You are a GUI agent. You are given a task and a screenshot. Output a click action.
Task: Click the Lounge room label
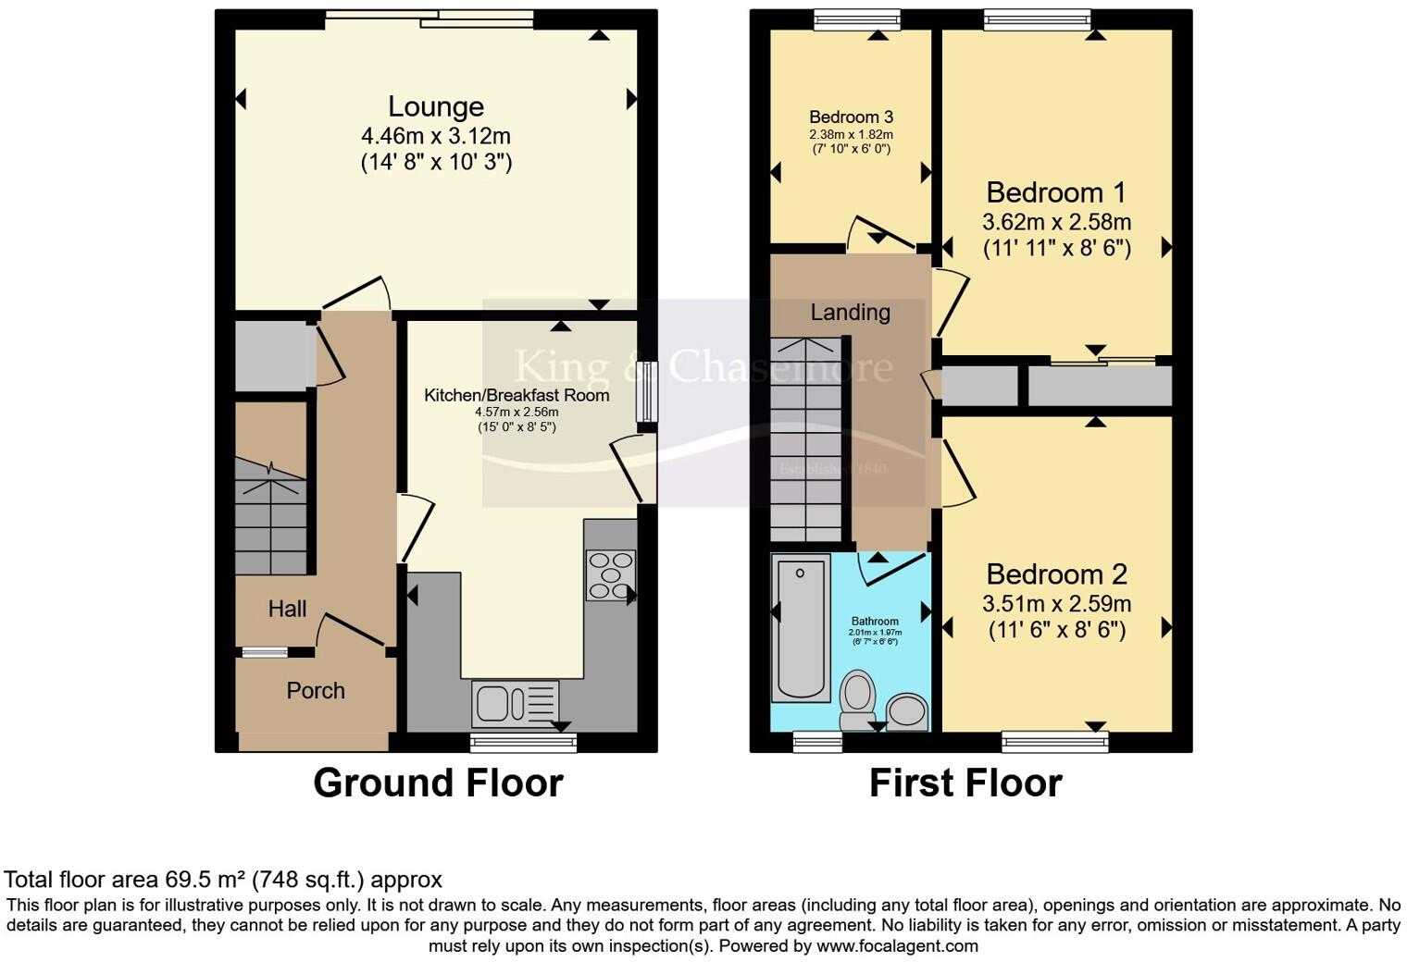coord(435,107)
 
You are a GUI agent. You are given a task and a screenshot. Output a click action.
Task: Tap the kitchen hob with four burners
coord(610,575)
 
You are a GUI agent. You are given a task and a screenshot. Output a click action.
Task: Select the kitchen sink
coord(515,703)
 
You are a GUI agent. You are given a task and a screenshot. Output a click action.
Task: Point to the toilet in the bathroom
coord(857,699)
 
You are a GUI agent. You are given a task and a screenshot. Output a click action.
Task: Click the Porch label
coord(316,691)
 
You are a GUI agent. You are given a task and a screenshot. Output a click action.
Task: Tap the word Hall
coord(287,609)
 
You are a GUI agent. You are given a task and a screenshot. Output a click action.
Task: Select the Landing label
coord(850,313)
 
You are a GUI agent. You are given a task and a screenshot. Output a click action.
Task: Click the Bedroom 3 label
coord(851,117)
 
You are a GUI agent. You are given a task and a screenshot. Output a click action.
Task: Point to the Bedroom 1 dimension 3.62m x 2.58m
coord(1056,222)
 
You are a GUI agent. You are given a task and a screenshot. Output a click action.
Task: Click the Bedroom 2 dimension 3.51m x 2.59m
coord(1056,604)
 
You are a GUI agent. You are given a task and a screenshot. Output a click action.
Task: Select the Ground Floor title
coord(438,783)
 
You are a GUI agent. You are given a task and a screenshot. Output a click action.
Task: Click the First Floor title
coord(965,783)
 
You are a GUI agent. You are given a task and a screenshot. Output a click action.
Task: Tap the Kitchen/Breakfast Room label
coord(517,395)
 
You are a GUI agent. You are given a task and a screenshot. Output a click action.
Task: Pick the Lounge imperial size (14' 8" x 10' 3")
coord(435,163)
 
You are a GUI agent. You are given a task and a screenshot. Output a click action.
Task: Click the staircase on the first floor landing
coord(806,439)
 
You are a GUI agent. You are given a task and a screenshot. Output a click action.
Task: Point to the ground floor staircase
coord(269,518)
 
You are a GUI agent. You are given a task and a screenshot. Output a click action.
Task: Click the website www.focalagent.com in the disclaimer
coord(897,946)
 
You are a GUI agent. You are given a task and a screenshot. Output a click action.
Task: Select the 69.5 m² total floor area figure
coord(207,880)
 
